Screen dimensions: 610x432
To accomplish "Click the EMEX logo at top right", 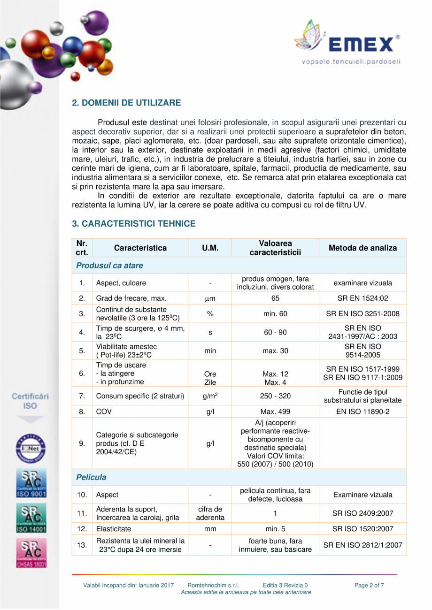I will click(348, 42).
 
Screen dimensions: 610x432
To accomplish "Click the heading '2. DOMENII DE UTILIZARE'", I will click(126, 102).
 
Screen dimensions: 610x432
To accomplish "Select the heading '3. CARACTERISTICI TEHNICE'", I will click(133, 224).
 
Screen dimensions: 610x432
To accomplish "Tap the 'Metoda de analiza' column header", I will click(363, 248).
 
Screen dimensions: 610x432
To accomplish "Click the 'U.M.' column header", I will click(210, 248).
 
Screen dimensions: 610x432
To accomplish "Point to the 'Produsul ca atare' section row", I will click(109, 266).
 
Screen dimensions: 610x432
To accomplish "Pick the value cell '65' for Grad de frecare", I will click(275, 298).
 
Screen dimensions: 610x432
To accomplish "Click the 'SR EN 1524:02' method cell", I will click(363, 298).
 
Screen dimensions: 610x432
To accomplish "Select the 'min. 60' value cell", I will click(275, 313).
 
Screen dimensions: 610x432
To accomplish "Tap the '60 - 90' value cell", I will click(275, 332).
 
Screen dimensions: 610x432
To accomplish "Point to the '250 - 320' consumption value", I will click(275, 396).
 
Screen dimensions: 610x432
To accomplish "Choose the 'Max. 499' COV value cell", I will click(275, 412).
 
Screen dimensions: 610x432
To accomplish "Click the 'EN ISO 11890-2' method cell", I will click(363, 412).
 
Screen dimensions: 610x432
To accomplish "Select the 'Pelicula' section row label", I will click(91, 477).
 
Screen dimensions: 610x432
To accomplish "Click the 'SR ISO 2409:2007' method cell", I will click(363, 513).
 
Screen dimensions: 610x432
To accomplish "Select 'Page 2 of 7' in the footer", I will click(369, 585).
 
